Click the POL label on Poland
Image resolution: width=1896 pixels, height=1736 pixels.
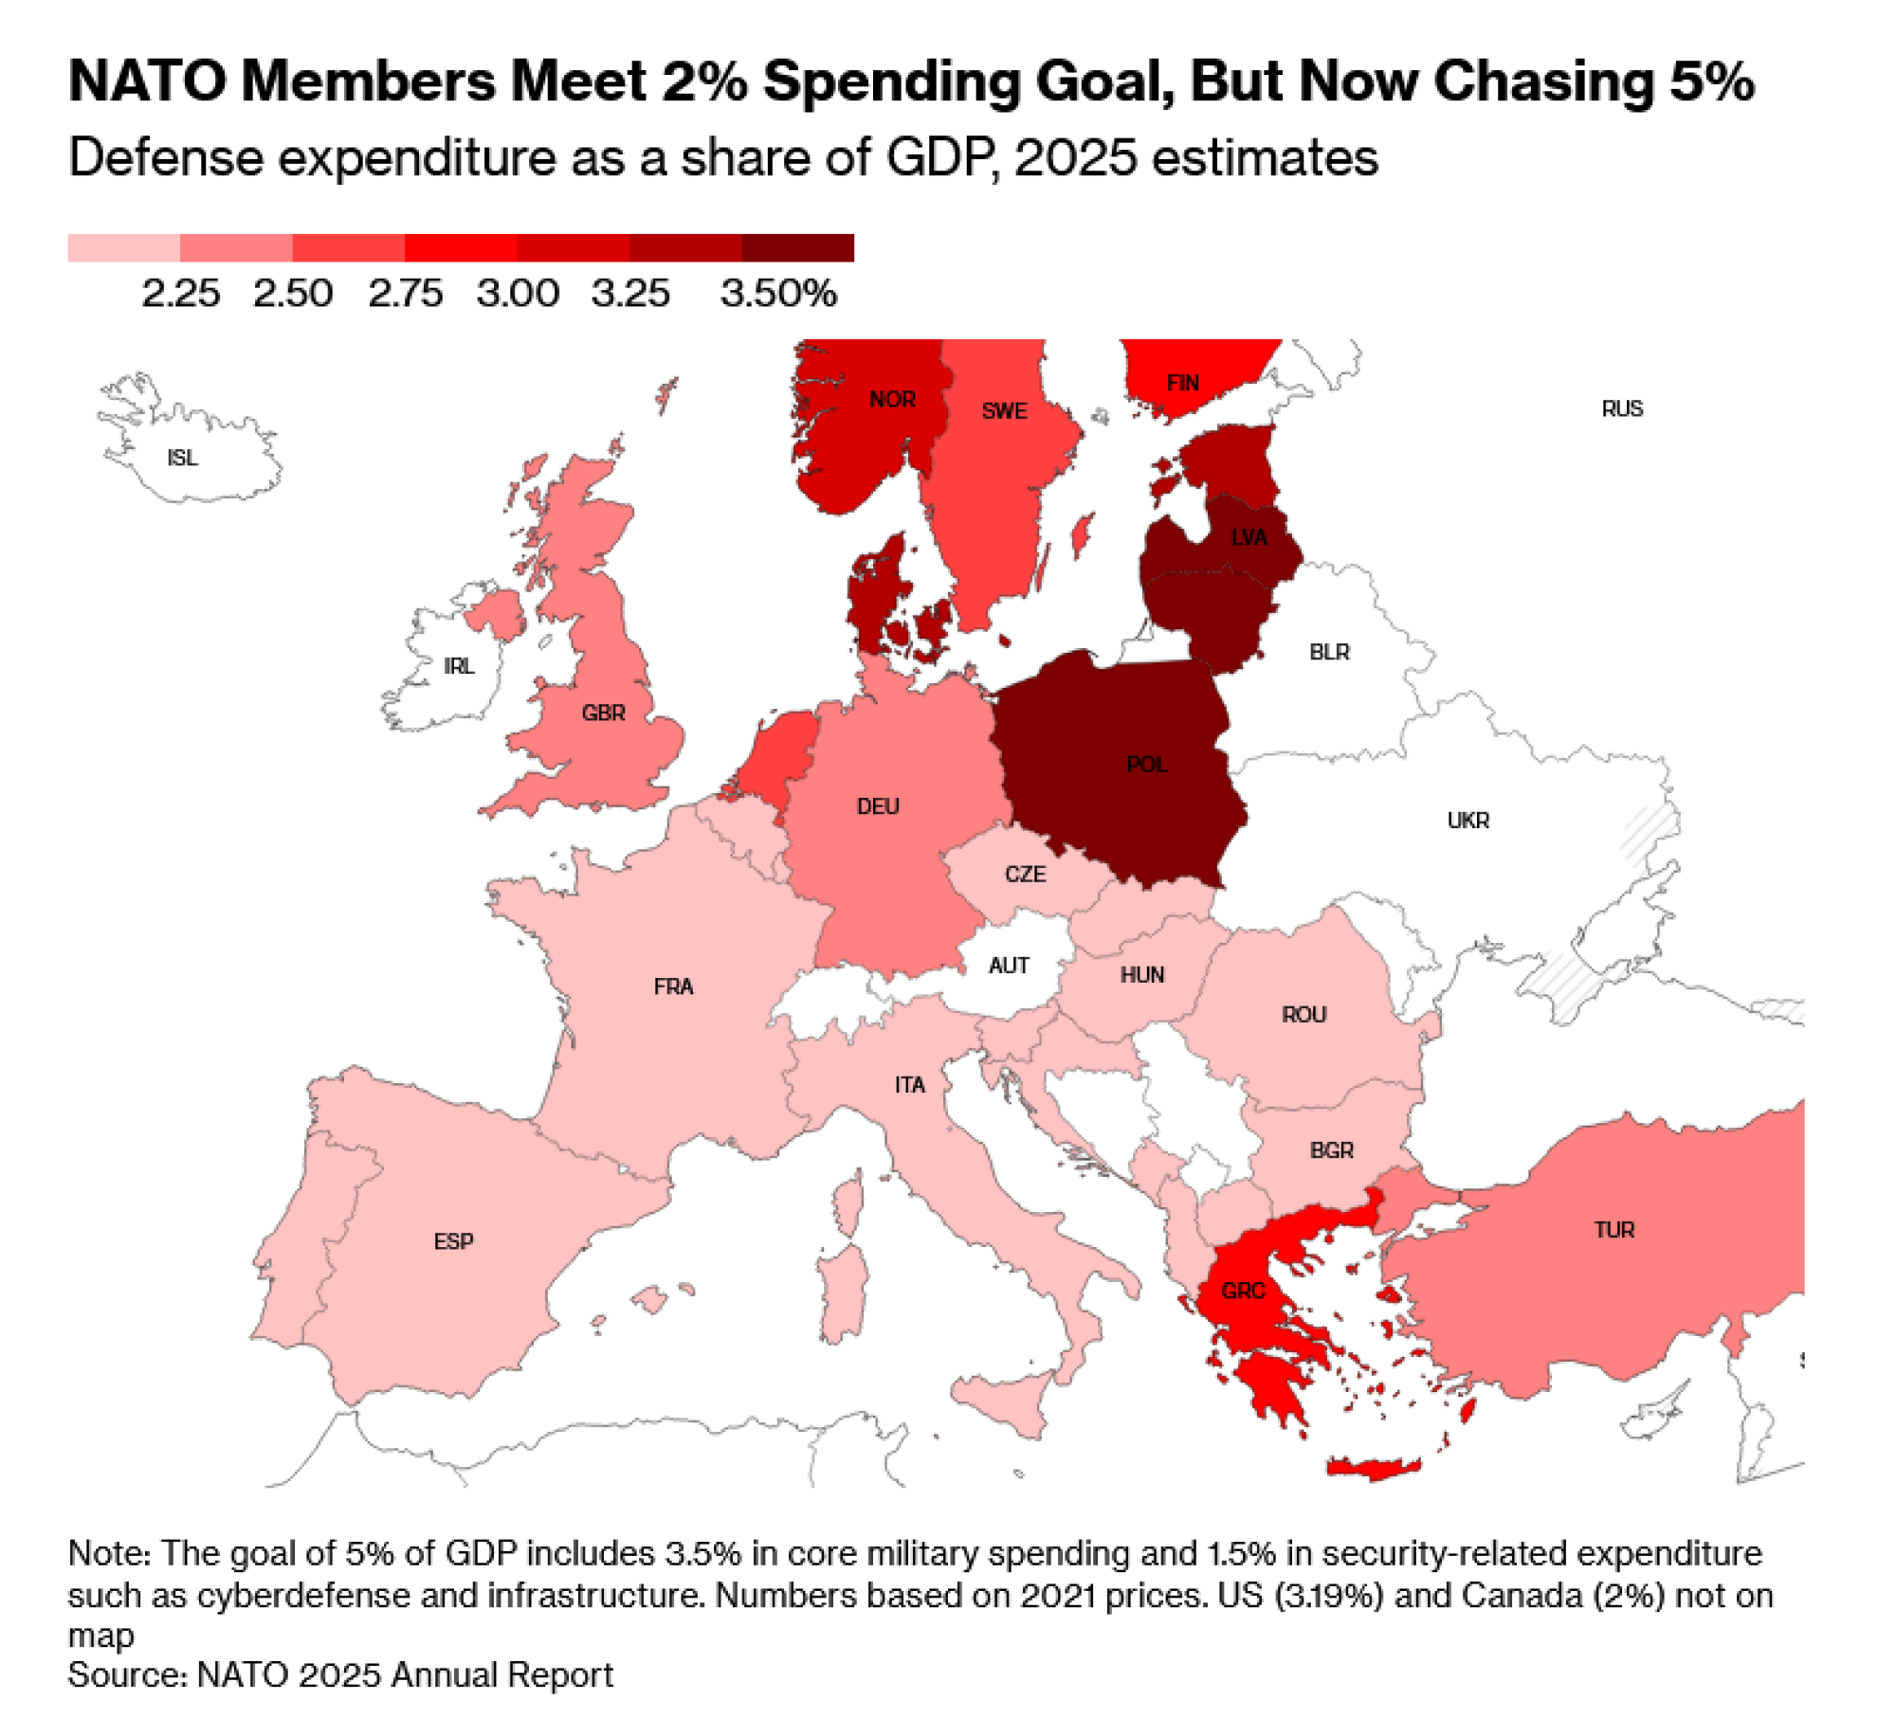point(1146,764)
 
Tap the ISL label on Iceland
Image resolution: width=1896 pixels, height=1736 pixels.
point(182,458)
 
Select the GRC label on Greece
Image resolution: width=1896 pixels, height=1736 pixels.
point(1243,1291)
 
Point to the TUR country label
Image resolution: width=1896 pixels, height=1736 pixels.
point(1613,1230)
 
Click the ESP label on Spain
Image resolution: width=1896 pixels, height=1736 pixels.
point(453,1241)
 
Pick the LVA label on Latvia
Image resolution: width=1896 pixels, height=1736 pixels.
point(1249,537)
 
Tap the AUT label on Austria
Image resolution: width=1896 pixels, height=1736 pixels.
point(1008,966)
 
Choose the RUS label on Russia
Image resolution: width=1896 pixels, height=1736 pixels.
point(1622,408)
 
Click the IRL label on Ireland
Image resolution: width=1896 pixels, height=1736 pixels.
point(459,666)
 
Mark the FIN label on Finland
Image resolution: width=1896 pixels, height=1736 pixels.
point(1182,383)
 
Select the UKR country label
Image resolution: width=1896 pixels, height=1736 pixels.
point(1468,821)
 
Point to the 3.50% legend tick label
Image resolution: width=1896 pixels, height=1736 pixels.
point(778,294)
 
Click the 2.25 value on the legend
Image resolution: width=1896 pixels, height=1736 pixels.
point(180,294)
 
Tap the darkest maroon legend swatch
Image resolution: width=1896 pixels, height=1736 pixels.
point(797,248)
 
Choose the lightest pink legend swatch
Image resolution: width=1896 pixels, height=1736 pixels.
point(123,248)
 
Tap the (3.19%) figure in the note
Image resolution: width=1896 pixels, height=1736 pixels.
point(1328,1596)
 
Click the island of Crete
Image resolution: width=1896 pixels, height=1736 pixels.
point(1373,1469)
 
